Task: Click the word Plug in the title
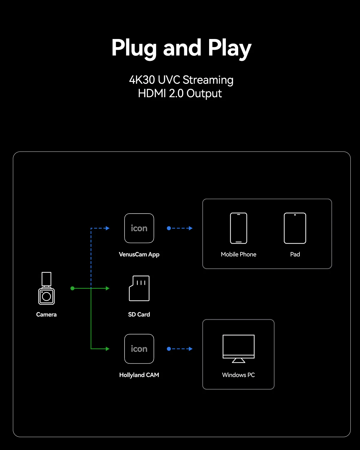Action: click(134, 48)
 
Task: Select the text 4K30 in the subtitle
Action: click(142, 80)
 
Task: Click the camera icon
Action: click(46, 288)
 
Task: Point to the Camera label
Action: click(46, 314)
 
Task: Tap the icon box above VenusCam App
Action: click(139, 228)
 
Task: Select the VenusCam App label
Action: click(139, 254)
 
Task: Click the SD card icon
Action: click(139, 288)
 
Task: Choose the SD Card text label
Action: click(139, 314)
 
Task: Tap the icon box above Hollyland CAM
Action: click(139, 349)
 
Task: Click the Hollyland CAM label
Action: click(139, 375)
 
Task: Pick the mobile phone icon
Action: click(238, 228)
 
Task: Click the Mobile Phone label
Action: click(238, 254)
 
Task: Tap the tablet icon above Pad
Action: click(295, 228)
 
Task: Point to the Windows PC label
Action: click(238, 375)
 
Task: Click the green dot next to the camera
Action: click(72, 288)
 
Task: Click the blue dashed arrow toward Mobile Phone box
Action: click(180, 228)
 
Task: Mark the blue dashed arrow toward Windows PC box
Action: click(180, 349)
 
